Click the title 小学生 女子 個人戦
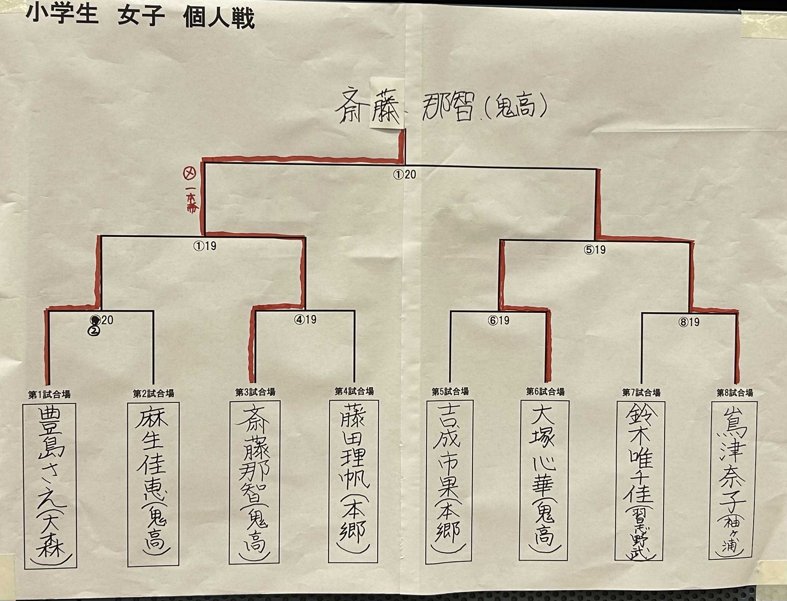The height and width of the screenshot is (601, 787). [140, 17]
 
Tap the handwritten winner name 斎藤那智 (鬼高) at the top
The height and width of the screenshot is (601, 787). [440, 106]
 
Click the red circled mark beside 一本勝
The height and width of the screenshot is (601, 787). [189, 174]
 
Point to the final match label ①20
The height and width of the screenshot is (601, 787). [405, 174]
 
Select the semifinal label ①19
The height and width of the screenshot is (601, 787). [205, 246]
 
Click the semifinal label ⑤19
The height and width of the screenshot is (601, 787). [594, 249]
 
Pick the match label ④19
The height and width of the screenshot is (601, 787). [305, 319]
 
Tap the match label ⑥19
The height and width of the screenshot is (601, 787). [498, 320]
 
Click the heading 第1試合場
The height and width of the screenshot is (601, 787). [49, 394]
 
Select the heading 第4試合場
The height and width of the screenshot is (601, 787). [354, 391]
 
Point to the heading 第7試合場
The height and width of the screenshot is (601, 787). [641, 392]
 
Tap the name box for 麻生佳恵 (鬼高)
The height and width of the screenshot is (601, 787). [153, 484]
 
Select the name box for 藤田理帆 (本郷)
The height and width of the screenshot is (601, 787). [353, 482]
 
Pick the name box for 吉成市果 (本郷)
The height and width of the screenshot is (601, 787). [449, 482]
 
